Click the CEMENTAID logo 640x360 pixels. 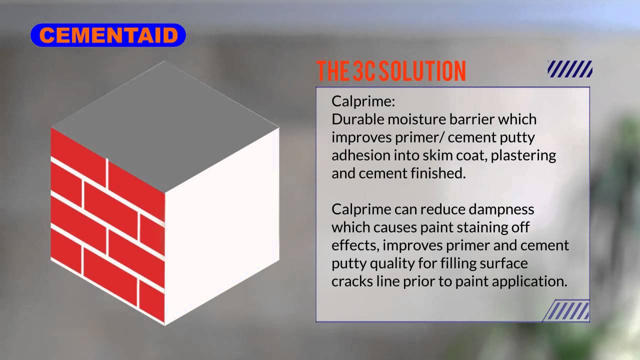(x=108, y=35)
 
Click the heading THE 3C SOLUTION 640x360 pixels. (x=391, y=71)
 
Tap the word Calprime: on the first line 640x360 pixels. (x=363, y=101)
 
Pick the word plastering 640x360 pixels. (x=523, y=155)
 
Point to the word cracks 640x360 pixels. (x=352, y=281)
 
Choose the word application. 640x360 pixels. (x=529, y=281)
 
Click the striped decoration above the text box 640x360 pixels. (x=570, y=69)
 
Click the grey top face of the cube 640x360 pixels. (x=165, y=125)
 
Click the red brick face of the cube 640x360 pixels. (x=107, y=225)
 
